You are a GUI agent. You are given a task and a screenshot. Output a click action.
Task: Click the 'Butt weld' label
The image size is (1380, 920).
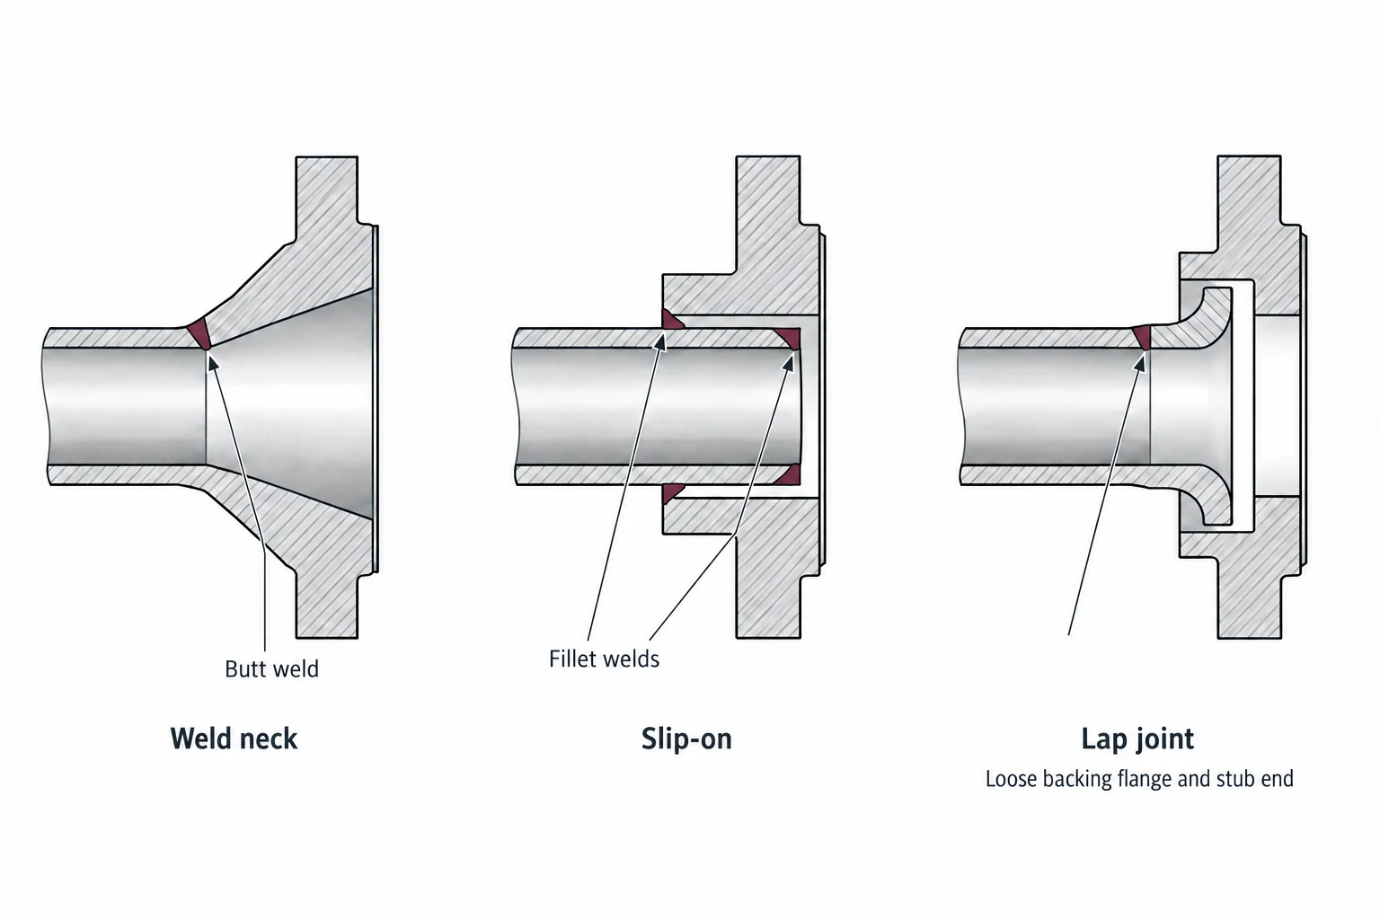coord(271,669)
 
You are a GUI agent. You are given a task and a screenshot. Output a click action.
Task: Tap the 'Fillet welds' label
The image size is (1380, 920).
coord(604,659)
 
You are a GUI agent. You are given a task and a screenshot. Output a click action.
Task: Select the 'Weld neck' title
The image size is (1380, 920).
coord(234,739)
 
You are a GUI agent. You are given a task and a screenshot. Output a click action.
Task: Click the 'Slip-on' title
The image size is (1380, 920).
coord(686,739)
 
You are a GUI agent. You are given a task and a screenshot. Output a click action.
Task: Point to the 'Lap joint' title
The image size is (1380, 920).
coord(1137,739)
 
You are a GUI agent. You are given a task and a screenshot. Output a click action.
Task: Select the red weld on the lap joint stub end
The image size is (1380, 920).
coord(1142,337)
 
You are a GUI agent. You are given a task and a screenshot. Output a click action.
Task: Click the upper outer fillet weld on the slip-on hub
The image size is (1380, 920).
coord(670,320)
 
